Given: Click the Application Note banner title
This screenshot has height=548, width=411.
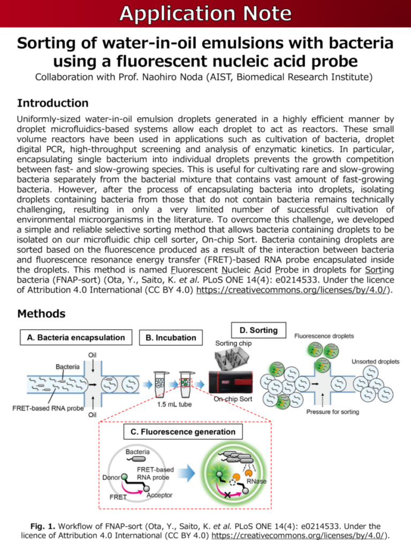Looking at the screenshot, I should [x=205, y=13].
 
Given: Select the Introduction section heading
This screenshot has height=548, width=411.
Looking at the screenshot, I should [x=52, y=103].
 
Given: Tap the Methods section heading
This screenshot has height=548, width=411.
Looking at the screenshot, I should [x=41, y=313].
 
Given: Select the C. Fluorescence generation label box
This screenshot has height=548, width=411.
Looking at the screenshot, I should [x=179, y=431].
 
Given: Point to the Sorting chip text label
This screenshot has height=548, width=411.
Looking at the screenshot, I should [x=234, y=342].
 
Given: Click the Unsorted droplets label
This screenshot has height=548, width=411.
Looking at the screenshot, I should [x=375, y=362].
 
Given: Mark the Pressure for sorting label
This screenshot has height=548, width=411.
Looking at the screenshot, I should [x=332, y=412].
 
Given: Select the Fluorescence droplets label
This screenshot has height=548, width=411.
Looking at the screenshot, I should [x=324, y=336].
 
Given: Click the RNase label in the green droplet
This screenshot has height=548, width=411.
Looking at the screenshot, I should [x=256, y=481].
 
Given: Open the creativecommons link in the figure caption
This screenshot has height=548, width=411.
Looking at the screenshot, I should [x=300, y=535].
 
